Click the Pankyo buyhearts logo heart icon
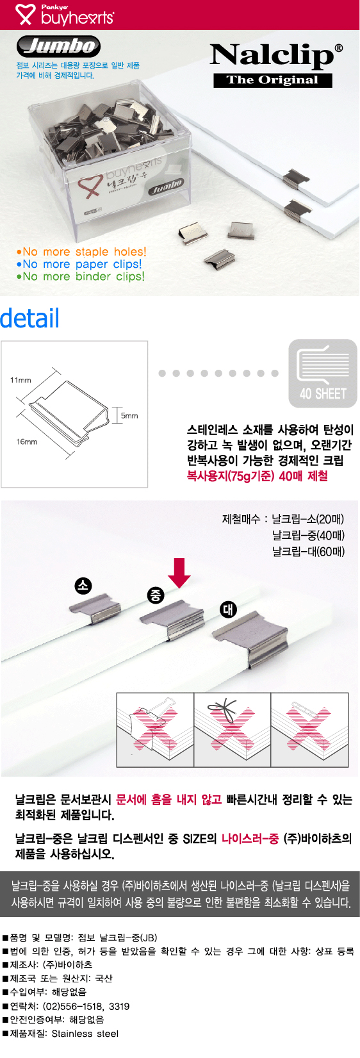click(25, 14)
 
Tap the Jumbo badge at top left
click(58, 46)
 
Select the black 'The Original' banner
click(273, 80)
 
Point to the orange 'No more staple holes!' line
click(81, 252)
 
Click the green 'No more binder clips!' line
click(80, 276)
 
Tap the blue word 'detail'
click(29, 318)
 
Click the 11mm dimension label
click(20, 380)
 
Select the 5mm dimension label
click(129, 416)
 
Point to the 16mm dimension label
click(27, 442)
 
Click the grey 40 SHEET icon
click(323, 373)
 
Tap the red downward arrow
click(179, 573)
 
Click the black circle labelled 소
click(83, 586)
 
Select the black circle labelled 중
click(156, 595)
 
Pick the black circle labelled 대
click(228, 609)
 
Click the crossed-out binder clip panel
click(156, 730)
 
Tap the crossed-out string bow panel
click(233, 730)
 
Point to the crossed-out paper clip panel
click(309, 730)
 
